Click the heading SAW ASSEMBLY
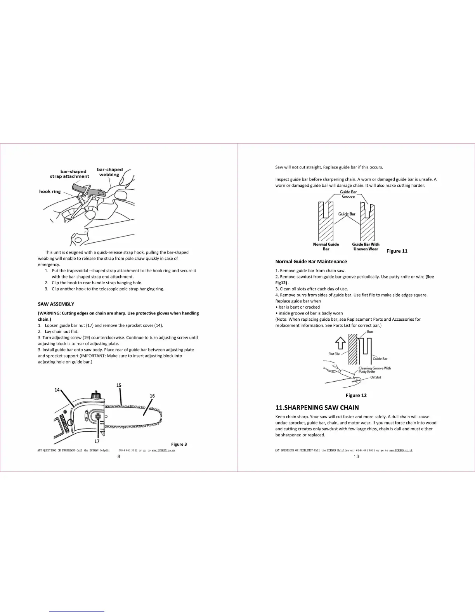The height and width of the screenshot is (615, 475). coord(56,304)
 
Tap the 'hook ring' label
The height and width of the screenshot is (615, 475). coord(50,191)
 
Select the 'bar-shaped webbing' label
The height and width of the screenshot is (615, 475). coord(109,172)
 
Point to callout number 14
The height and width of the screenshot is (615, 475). coord(57,390)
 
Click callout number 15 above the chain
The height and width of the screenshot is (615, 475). coord(119,385)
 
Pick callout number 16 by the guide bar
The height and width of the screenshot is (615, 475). coord(152,396)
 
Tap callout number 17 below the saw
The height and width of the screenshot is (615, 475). coord(97,441)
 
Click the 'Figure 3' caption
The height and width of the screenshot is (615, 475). coord(179,444)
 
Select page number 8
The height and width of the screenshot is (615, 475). coord(119,457)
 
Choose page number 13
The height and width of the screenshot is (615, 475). coord(356,457)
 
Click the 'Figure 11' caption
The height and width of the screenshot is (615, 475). coord(397,251)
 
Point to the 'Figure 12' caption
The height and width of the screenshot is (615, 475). coord(356,395)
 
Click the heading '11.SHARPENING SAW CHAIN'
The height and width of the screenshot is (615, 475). coord(317,407)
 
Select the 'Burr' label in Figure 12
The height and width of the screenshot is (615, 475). coord(370,332)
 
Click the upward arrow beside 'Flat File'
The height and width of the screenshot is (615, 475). coord(340,343)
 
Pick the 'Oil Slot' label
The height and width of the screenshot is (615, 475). coord(375,377)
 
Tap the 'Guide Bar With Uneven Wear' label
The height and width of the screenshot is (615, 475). coord(366,247)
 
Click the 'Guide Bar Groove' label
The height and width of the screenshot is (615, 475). coord(348,194)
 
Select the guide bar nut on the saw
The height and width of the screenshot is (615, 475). coord(97,417)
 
